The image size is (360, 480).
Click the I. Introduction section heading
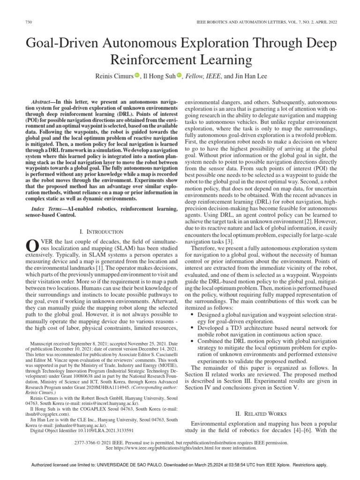(102, 232)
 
